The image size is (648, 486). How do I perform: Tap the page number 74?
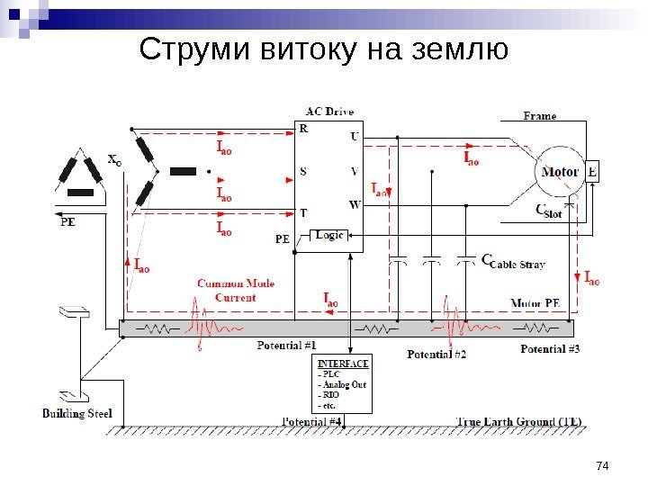point(603,464)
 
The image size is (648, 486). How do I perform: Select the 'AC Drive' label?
point(329,112)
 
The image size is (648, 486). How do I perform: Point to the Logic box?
point(329,235)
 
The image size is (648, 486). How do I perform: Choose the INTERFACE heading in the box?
point(342,364)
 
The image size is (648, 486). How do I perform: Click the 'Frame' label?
point(540,116)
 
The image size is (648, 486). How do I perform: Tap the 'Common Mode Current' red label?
point(236,290)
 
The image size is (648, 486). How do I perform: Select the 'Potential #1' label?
point(286,345)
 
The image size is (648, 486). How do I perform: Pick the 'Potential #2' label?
point(436,354)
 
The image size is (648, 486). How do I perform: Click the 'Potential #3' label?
point(551,348)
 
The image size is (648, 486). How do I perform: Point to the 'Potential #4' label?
point(311,421)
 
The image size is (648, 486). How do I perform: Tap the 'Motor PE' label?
point(535,303)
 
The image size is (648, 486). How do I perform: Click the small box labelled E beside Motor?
point(592,171)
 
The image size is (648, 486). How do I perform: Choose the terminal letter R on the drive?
point(303,129)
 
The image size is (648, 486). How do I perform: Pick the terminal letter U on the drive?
point(354,137)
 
